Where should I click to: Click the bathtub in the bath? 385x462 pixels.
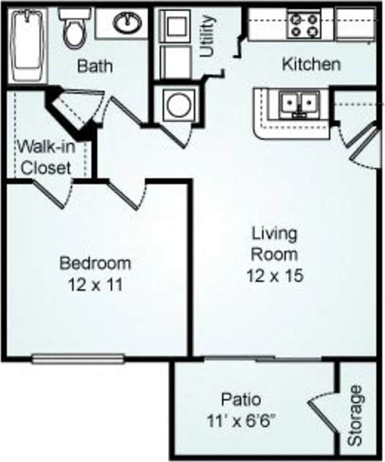(28, 46)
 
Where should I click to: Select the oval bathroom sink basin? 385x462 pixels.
(127, 22)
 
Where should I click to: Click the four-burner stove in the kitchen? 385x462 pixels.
(304, 25)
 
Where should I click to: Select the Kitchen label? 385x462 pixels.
(311, 64)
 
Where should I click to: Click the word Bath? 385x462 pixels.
(95, 66)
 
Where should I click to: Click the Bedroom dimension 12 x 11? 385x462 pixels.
(95, 284)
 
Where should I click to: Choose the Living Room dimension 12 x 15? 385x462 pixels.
(274, 275)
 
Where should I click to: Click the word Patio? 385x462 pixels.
(241, 399)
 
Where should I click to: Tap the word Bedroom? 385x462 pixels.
(95, 263)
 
